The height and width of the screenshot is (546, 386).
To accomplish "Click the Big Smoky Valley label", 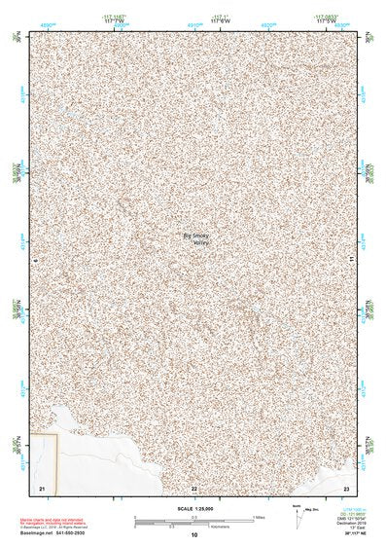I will coord(196,238).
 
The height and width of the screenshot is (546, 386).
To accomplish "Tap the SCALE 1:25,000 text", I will coord(193,508).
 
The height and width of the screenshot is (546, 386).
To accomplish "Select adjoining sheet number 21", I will coord(42,487).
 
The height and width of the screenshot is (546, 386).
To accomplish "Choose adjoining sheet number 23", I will coord(347,487).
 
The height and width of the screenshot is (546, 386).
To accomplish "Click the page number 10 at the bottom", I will coord(193,534).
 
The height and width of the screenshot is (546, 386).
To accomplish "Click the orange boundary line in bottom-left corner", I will coord(58,457).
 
